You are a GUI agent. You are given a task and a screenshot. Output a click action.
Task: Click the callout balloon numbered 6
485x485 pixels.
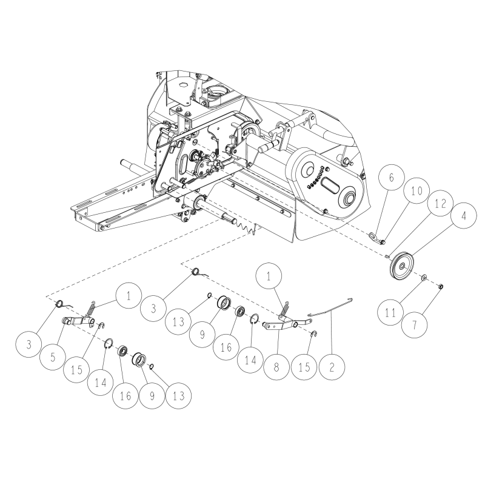click(391, 178)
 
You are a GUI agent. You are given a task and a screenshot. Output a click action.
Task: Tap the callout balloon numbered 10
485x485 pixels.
click(416, 190)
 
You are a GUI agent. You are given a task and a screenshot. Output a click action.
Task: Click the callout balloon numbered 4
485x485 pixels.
click(463, 216)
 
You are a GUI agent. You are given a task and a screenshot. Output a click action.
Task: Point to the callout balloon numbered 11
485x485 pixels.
click(390, 312)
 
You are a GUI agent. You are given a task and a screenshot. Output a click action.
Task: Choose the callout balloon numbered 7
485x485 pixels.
click(415, 325)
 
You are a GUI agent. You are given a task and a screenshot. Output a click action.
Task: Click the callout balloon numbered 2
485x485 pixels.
click(332, 367)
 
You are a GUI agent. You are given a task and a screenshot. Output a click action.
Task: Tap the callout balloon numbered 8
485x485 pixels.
click(276, 367)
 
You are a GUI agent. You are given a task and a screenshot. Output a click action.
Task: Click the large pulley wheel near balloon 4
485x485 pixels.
click(402, 266)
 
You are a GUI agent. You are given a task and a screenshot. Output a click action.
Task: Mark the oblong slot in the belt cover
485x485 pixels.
click(331, 186)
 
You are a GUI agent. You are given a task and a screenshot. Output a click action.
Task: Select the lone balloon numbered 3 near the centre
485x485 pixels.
click(153, 309)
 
